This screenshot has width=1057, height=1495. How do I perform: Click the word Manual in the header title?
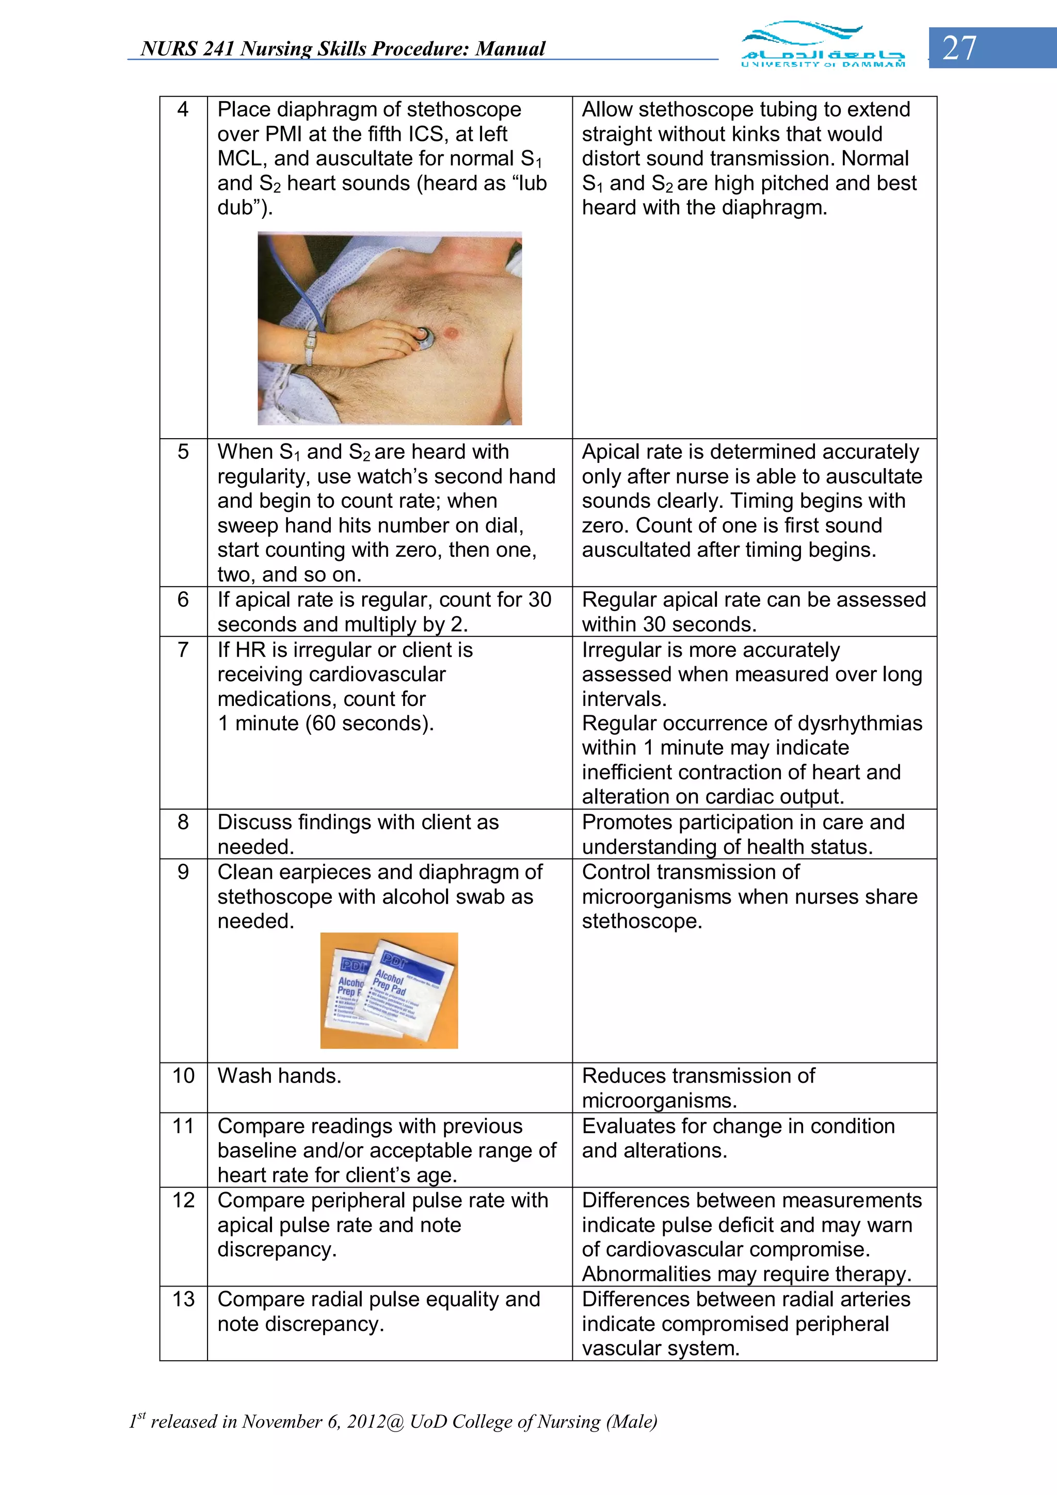coord(510,49)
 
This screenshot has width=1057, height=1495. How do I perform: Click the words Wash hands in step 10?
coord(279,1075)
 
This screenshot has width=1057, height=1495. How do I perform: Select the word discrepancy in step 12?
coord(277,1249)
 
